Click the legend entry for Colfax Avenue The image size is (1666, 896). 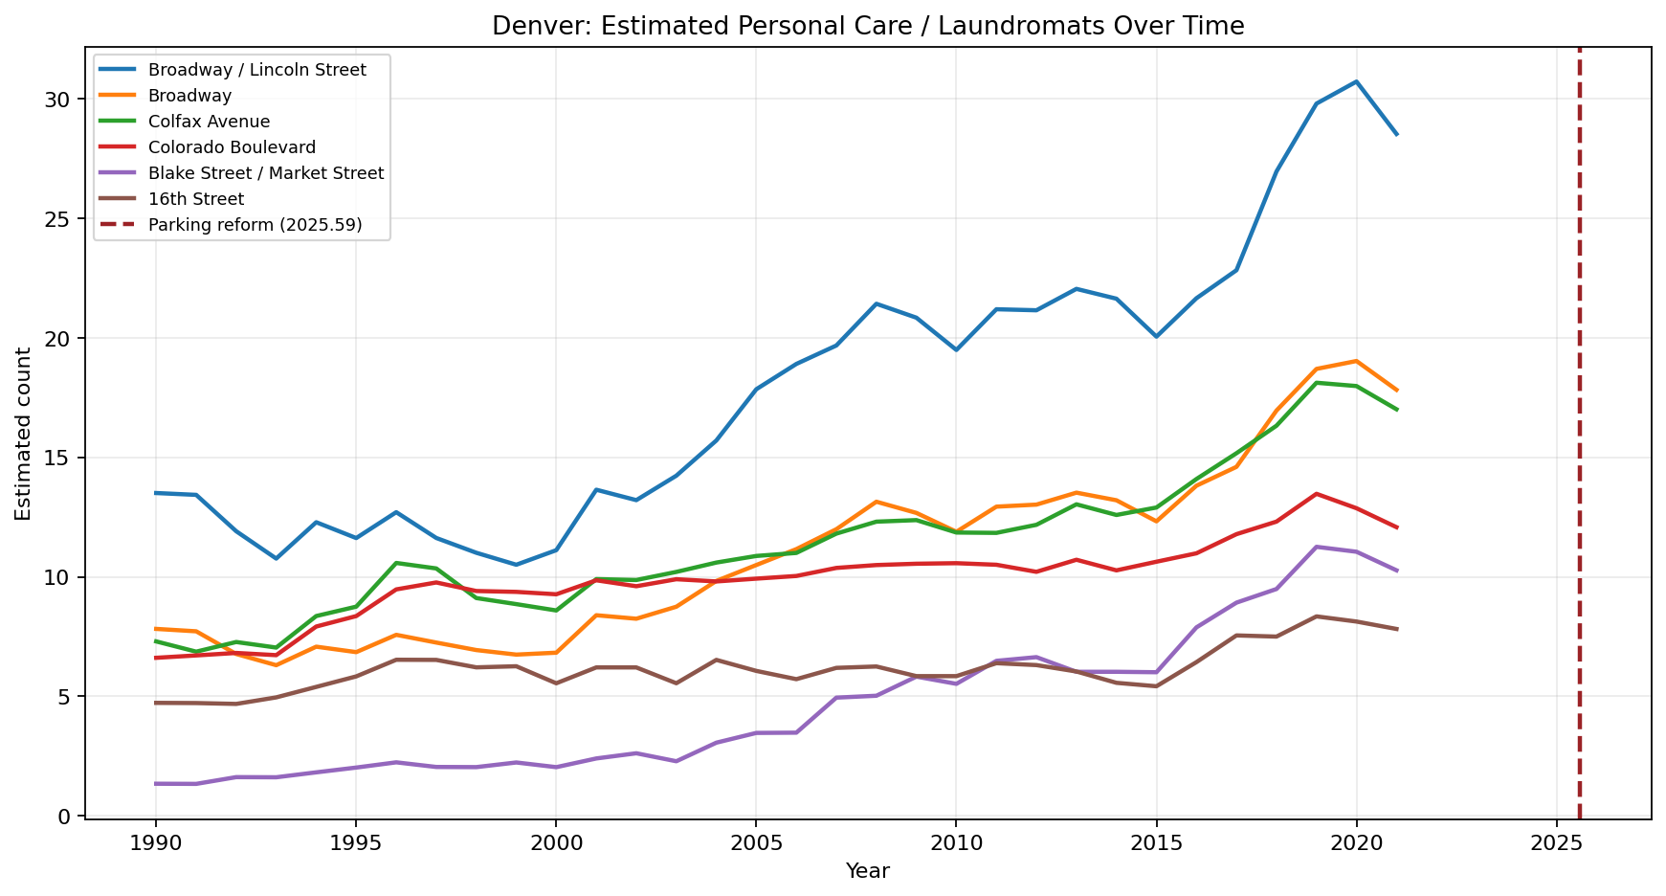[209, 122]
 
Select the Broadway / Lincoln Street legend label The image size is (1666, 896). [256, 70]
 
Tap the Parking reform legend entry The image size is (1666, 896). [255, 225]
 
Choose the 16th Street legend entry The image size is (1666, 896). [196, 199]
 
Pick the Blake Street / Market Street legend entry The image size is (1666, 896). [266, 173]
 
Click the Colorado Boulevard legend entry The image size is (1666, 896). [232, 147]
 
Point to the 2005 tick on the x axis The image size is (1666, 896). [756, 842]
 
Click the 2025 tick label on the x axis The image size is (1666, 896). [1556, 842]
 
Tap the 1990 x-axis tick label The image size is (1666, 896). [156, 842]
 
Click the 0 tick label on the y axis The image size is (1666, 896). [67, 816]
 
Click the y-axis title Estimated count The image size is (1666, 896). [24, 434]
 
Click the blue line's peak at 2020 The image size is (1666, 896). [1356, 82]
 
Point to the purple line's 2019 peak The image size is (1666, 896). [1317, 547]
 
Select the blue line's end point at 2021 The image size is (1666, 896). [1396, 134]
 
